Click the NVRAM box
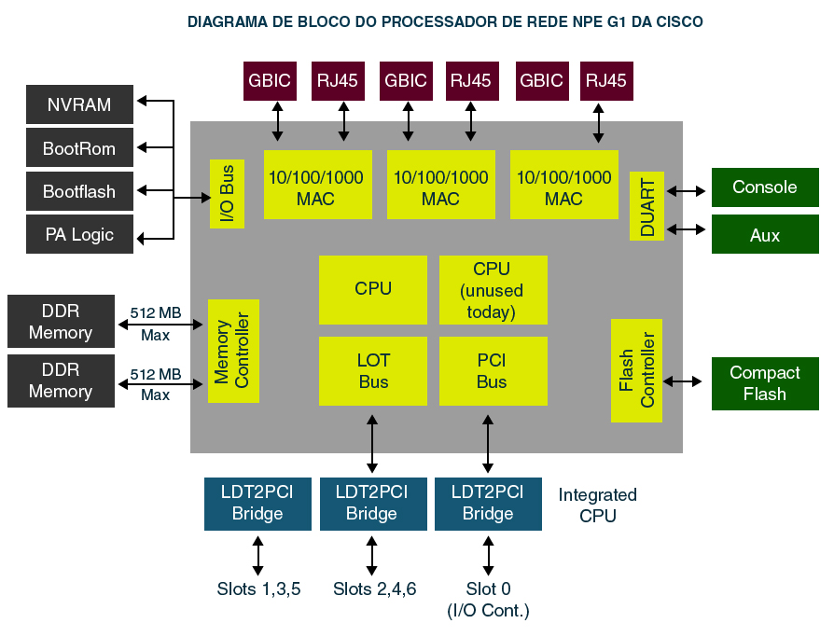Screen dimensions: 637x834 79,104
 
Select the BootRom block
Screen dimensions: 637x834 79,148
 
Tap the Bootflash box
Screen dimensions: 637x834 79,192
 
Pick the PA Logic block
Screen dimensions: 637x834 79,235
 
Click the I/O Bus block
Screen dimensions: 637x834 227,193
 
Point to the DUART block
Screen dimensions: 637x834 647,206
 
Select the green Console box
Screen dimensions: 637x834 765,187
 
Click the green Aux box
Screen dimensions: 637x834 765,235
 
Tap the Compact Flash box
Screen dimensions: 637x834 765,383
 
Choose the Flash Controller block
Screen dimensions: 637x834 637,370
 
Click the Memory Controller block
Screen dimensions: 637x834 233,351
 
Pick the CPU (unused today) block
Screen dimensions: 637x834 492,290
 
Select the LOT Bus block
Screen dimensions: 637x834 373,371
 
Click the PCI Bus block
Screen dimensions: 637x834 492,371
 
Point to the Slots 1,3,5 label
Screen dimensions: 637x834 258,589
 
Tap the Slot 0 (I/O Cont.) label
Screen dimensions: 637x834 488,600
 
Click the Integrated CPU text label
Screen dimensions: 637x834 597,505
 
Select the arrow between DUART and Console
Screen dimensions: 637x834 688,191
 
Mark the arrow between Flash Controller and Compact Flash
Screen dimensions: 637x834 683,381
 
